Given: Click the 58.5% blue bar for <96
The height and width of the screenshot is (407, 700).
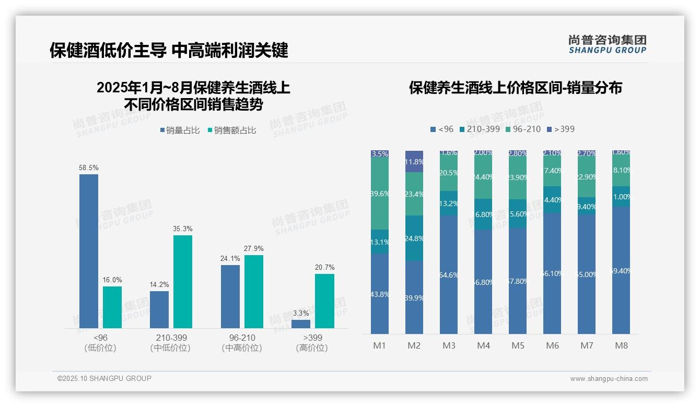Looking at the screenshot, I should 89,251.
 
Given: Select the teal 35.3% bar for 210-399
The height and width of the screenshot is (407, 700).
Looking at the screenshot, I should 183,282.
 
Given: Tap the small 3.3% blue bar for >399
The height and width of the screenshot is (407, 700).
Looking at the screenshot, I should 301,324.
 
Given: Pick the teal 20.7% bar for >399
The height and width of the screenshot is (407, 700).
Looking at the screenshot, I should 324,301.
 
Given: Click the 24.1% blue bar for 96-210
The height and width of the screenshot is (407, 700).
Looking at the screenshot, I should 230,296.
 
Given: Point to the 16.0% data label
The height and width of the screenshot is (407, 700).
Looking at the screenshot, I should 112,280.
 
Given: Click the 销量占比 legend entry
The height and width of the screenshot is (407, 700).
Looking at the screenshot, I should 180,130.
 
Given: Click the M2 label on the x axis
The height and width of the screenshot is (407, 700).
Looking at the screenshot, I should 414,345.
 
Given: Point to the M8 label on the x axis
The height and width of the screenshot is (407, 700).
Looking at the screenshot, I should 621,345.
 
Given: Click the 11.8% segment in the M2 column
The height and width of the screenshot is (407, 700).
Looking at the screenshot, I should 414,162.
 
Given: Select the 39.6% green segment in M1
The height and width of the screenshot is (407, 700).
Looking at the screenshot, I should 380,194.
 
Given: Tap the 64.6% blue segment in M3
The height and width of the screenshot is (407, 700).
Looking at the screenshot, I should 449,274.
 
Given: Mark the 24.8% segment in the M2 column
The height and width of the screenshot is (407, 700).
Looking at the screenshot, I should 414,238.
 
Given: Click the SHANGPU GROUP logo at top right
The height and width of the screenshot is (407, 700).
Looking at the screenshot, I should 607,44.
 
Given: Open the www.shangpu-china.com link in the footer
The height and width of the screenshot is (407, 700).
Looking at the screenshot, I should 609,379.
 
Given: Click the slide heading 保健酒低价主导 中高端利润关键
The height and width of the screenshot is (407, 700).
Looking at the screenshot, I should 169,50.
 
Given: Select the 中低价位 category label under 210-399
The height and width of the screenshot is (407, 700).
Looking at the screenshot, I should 171,348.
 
